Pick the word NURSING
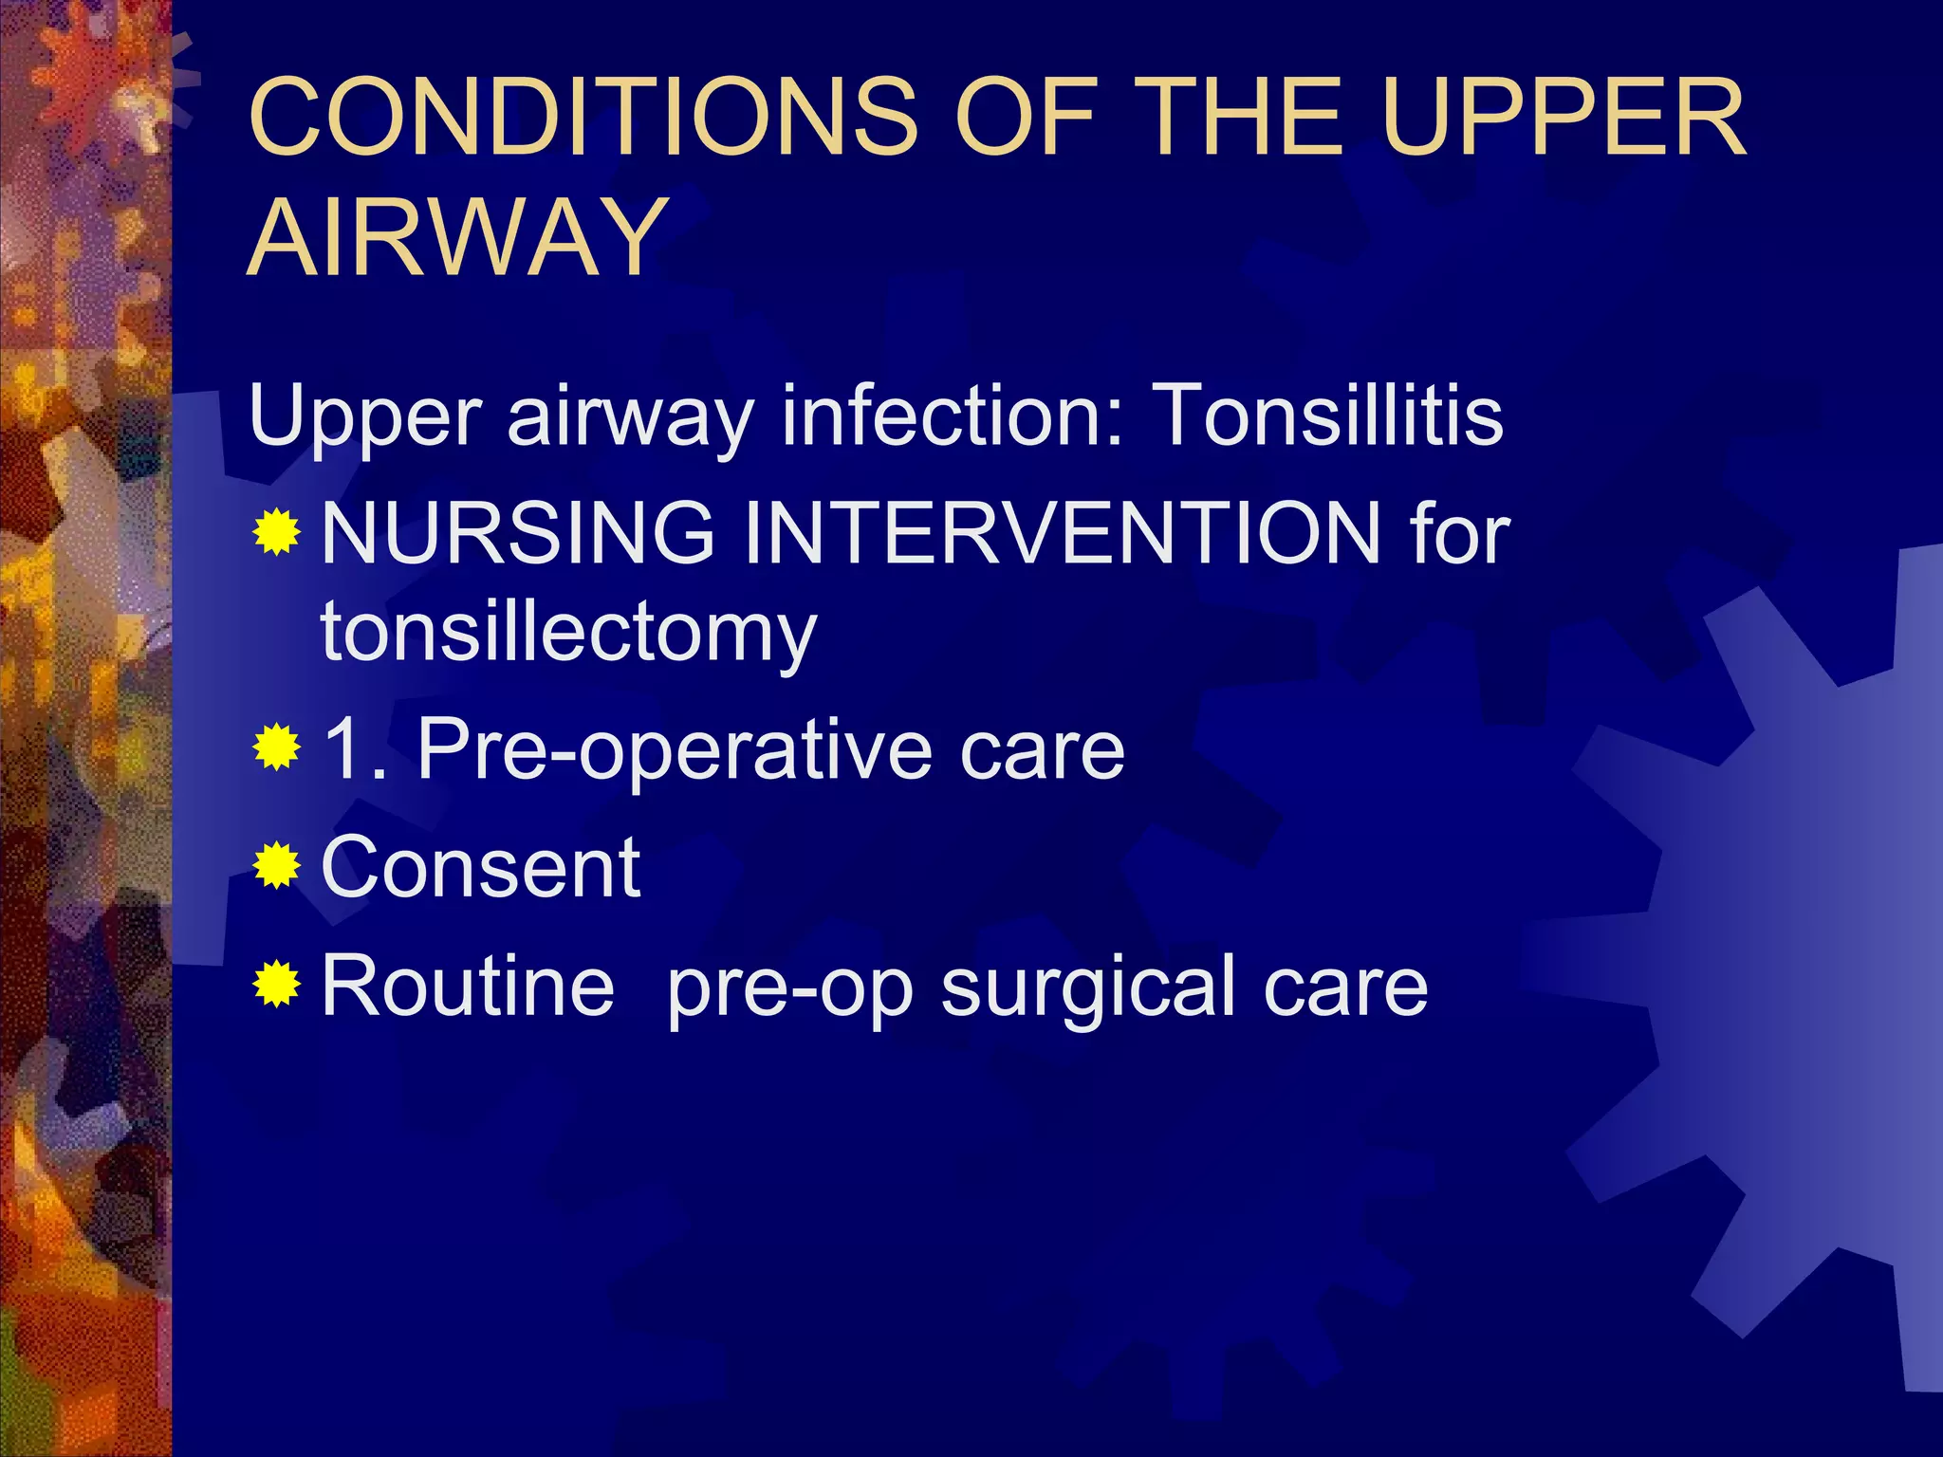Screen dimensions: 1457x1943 pos(518,533)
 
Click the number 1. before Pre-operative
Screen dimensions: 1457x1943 pos(353,749)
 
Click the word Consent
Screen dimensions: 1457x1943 pos(481,867)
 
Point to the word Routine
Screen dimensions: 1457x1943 pos(468,986)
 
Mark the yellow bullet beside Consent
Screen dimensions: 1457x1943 pos(277,865)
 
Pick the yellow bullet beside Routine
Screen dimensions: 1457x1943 pos(277,984)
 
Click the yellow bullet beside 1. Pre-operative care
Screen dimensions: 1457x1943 pos(277,747)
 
